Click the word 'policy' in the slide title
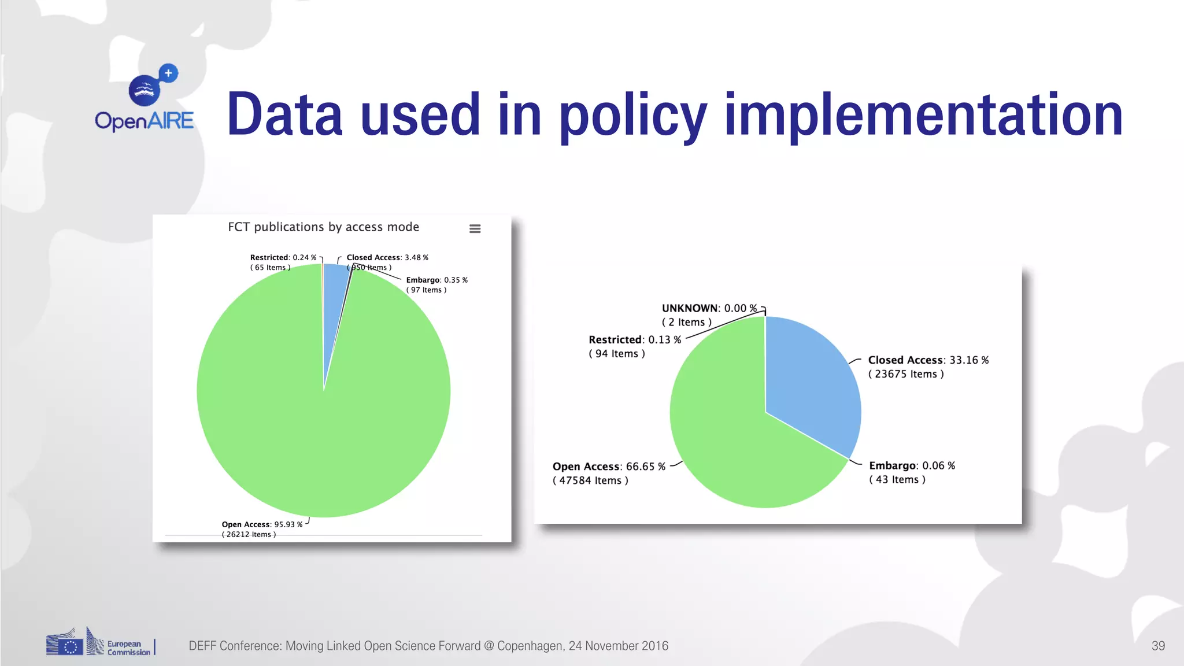[632, 116]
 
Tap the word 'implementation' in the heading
[923, 116]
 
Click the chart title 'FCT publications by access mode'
[323, 227]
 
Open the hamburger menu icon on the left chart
[475, 229]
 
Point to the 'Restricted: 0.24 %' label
[283, 257]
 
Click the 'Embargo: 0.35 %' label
[436, 280]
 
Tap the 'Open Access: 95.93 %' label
[262, 524]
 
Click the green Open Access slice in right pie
[728, 439]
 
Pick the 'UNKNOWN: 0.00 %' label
[709, 308]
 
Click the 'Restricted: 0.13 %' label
[634, 339]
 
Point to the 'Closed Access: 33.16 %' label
[928, 360]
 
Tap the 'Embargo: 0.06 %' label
[912, 465]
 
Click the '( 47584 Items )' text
[590, 480]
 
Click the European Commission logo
[99, 643]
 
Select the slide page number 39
[1157, 646]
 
